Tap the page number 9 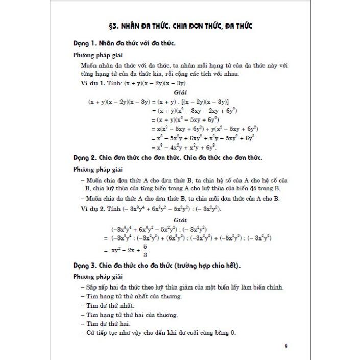[286, 347]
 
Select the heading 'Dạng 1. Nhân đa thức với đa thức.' [125, 44]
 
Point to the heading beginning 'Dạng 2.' [167, 158]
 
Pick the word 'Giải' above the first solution [180, 92]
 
